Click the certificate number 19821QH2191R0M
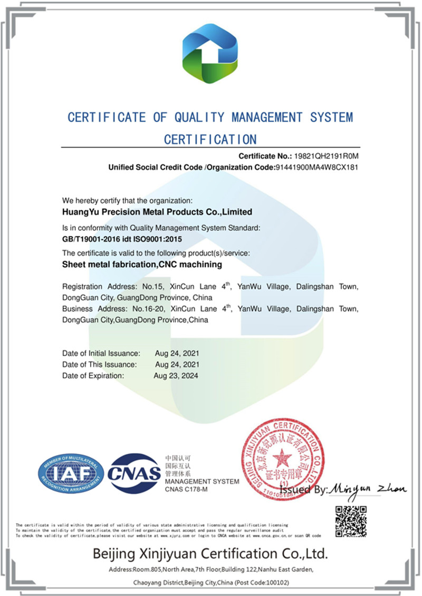[x=327, y=156]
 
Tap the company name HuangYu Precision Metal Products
[x=157, y=212]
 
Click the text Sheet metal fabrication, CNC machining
[x=142, y=264]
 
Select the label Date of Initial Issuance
[x=101, y=352]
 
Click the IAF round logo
[x=70, y=472]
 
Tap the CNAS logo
[x=134, y=472]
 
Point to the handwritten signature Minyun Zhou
[x=368, y=489]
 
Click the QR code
[x=351, y=521]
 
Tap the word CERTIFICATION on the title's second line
[x=210, y=139]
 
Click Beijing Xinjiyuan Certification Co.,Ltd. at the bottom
[x=210, y=554]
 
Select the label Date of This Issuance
[x=100, y=364]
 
